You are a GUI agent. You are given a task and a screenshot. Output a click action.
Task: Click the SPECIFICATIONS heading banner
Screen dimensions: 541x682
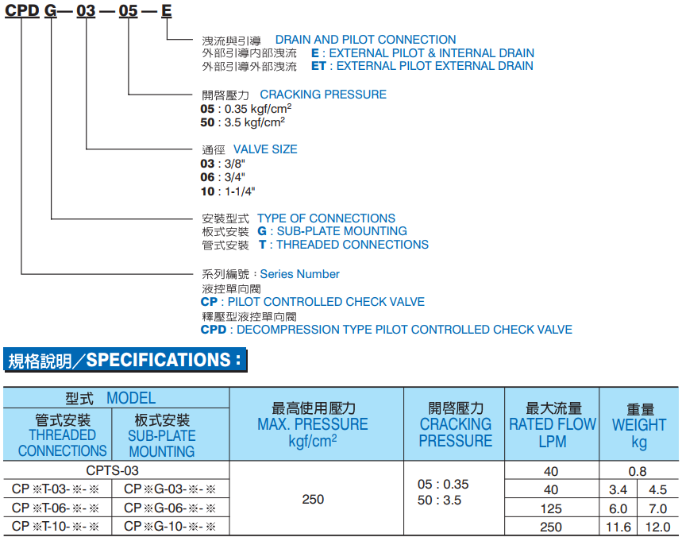(125, 361)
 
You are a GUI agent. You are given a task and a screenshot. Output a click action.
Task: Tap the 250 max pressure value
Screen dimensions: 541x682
(314, 499)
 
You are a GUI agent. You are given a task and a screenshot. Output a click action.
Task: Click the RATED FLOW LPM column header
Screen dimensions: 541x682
(552, 424)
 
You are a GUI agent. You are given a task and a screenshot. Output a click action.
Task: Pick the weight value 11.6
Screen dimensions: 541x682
(618, 527)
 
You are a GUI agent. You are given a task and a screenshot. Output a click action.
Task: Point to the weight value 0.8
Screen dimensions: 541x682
(638, 471)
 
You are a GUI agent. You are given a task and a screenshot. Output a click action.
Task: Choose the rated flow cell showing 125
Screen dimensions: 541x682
(551, 508)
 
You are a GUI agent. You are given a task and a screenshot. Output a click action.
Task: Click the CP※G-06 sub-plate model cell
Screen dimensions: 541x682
(170, 508)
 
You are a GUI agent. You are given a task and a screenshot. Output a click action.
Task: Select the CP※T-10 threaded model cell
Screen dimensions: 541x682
(56, 527)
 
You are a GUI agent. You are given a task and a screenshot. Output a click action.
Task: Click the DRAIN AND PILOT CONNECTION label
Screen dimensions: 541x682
(365, 40)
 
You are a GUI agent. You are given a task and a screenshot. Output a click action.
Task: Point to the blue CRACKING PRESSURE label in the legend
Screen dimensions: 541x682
(323, 95)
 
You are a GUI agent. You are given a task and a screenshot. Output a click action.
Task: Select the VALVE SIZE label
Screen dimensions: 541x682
(265, 149)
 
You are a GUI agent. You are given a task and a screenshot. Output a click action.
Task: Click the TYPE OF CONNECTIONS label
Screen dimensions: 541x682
(326, 218)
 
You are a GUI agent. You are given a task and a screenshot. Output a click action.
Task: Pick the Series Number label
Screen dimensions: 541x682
(299, 274)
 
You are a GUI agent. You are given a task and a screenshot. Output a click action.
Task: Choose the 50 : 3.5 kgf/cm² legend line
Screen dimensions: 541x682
(243, 123)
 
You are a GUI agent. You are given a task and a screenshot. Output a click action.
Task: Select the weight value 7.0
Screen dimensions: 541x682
(657, 508)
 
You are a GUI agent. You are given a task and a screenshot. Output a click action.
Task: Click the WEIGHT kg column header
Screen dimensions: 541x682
(638, 424)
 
